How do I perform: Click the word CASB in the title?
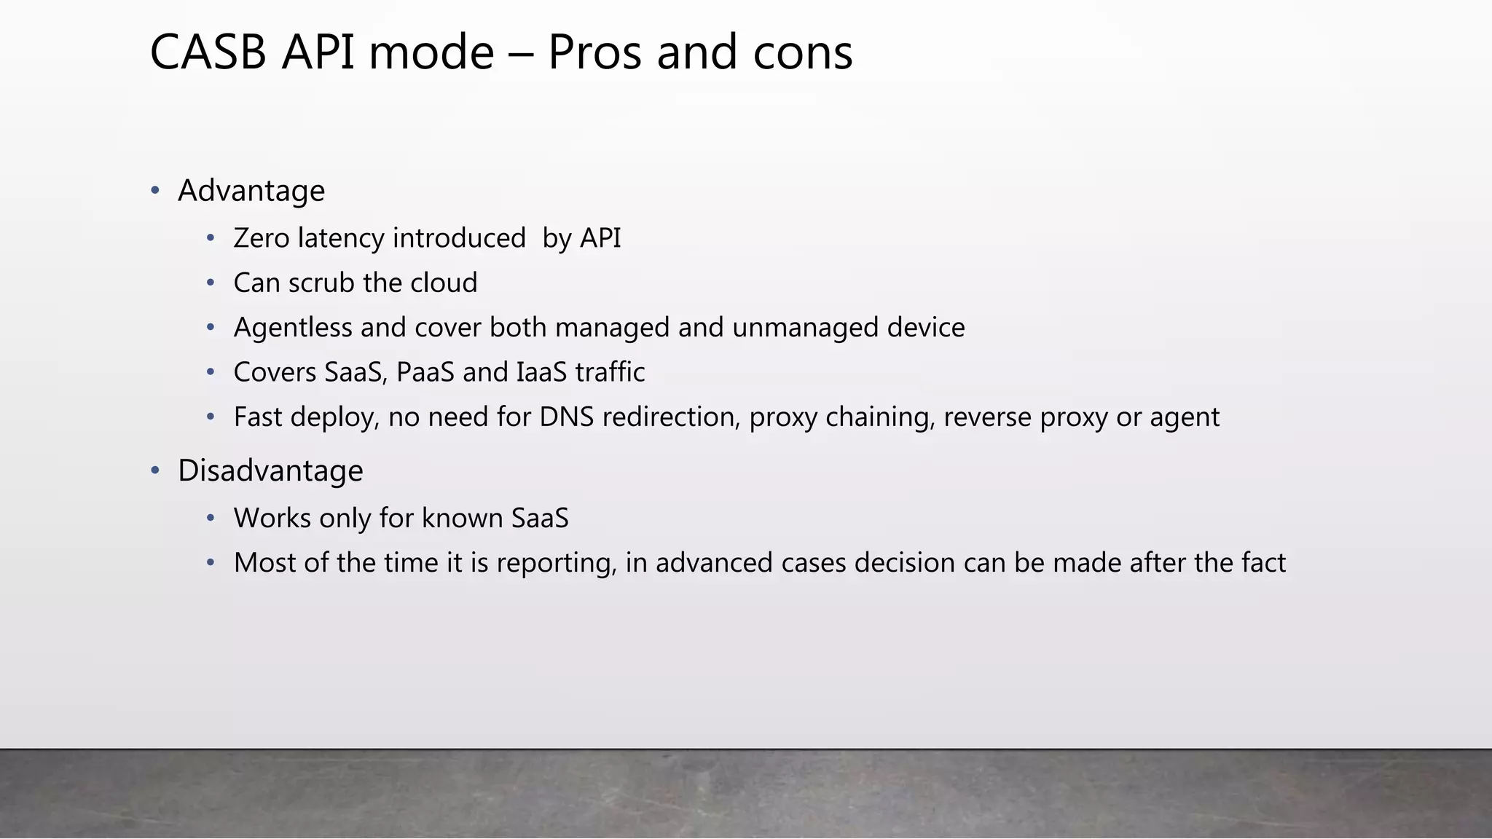[208, 52]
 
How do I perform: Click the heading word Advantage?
[251, 191]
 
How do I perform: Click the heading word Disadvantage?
[270, 470]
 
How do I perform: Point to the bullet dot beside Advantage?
[155, 191]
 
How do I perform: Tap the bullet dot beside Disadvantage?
[155, 470]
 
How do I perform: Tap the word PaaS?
[425, 372]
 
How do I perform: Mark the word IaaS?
[541, 372]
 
